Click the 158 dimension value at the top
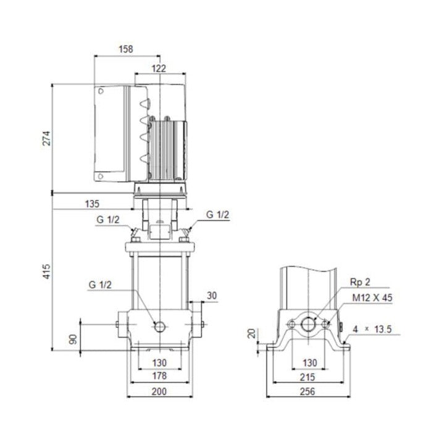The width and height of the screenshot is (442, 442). coord(126,49)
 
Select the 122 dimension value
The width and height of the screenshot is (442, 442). coord(159,69)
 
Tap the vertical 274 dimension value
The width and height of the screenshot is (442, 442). coord(46,138)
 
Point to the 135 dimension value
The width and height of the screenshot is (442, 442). coord(92,204)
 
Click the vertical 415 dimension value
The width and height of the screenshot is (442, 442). coord(46,272)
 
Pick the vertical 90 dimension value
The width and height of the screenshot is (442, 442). coord(73,339)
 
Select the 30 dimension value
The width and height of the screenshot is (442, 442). coord(212,296)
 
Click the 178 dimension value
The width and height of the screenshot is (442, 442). coord(159,376)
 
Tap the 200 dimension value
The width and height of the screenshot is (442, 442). coord(159,391)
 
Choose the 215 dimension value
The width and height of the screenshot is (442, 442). coord(307,377)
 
